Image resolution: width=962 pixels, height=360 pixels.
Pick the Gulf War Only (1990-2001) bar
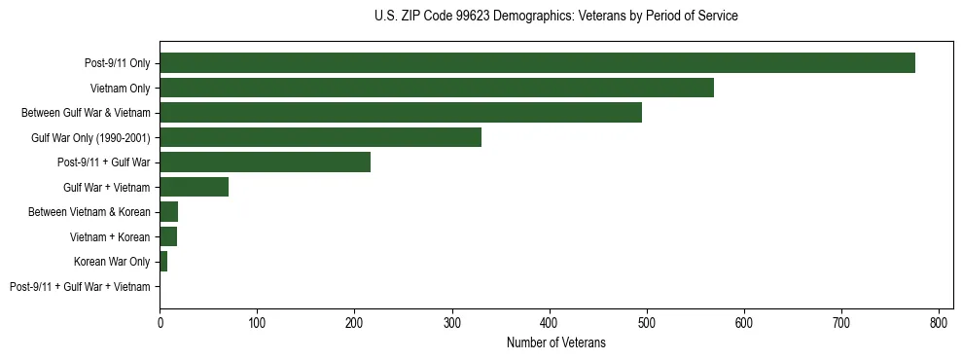tap(320, 137)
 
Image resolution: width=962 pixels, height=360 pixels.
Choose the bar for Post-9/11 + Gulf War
tap(265, 162)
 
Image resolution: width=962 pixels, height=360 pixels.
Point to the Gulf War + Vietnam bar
tap(194, 187)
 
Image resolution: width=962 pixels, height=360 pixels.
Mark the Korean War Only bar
tap(163, 262)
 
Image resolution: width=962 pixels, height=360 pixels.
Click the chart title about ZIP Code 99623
tap(555, 17)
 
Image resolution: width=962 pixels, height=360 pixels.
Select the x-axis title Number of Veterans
tap(555, 342)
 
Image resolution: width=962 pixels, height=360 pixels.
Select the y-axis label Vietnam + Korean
tap(110, 236)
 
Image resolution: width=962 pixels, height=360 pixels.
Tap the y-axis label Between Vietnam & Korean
tap(92, 212)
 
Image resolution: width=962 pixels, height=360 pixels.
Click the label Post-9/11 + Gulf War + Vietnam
tap(80, 286)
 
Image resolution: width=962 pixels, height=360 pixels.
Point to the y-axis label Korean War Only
tap(112, 262)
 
